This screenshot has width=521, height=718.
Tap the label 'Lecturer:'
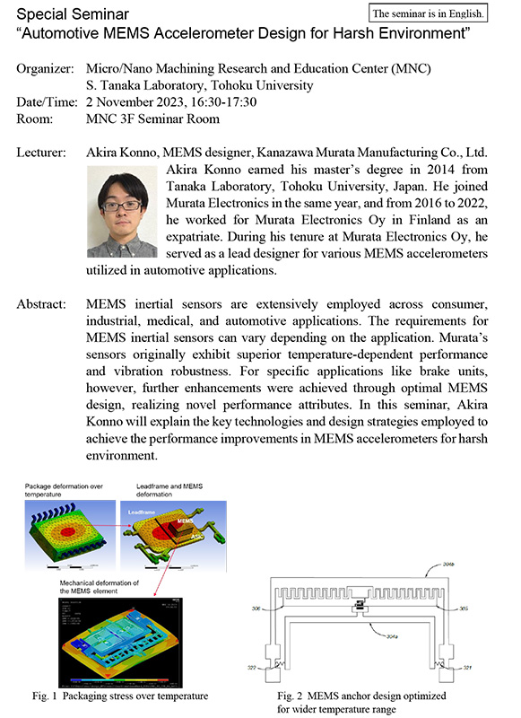click(42, 153)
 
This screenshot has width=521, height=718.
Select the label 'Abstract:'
click(42, 304)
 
